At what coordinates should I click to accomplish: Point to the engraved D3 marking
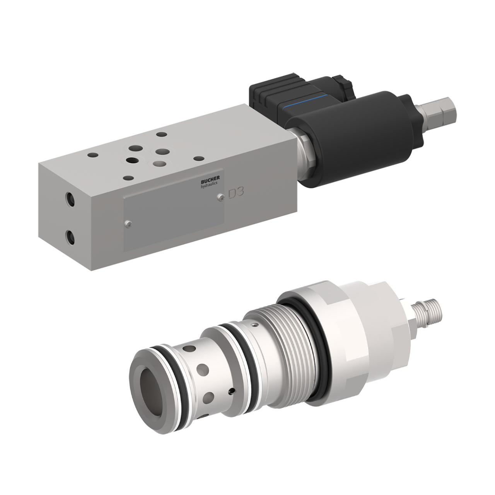tap(236, 193)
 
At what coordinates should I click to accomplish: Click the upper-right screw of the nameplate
tap(220, 197)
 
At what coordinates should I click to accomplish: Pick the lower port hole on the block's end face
tap(70, 237)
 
